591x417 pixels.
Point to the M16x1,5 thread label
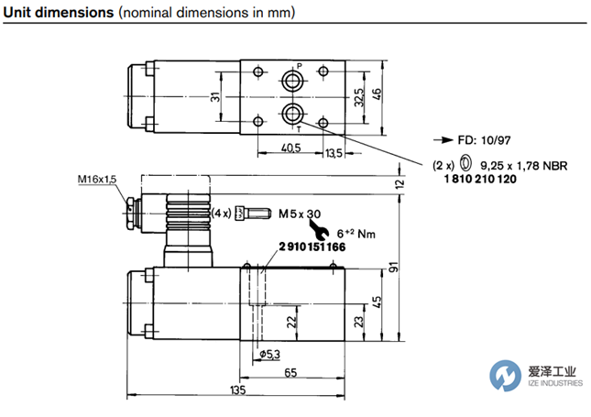[97, 180]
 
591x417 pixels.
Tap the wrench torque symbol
[323, 229]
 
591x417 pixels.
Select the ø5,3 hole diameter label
[270, 354]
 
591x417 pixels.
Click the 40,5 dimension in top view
[290, 148]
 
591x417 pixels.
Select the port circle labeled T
[293, 114]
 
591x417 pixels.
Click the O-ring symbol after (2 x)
[466, 164]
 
